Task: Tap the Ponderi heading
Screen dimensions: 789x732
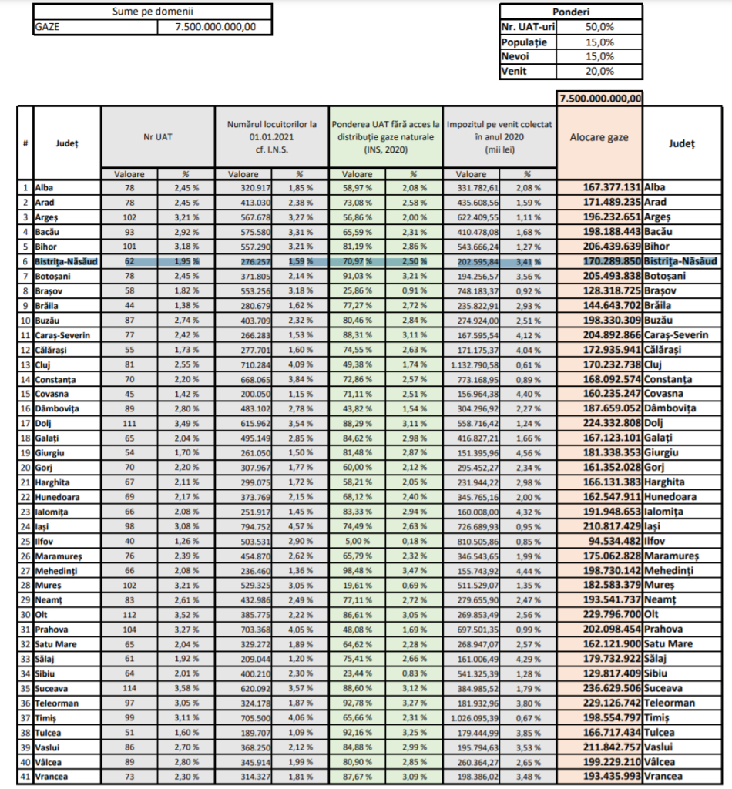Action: point(570,12)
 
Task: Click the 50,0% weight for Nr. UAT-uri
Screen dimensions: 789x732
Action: point(600,27)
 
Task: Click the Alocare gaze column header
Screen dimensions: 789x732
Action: point(599,137)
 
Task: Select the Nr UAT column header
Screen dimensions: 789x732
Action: point(157,137)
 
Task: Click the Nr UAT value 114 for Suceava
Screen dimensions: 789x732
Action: point(129,688)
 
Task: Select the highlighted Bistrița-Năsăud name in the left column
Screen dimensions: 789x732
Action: point(66,261)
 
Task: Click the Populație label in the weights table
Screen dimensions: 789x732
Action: point(524,42)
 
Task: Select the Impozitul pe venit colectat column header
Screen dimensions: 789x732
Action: point(499,137)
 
